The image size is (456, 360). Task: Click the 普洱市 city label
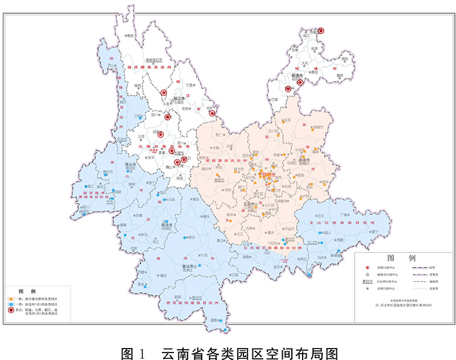(181, 266)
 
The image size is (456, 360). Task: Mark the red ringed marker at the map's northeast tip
(321, 31)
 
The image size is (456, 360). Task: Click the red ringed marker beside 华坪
(212, 113)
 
